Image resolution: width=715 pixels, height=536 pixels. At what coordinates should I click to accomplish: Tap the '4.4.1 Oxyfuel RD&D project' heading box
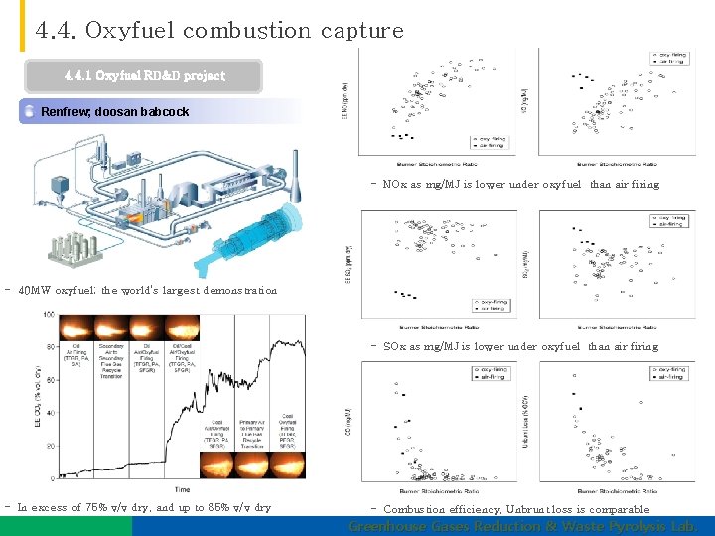tap(145, 76)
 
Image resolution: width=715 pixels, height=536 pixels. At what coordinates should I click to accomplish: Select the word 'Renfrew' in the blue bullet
tap(66, 112)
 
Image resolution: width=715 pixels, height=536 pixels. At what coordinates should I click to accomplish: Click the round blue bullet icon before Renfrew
tap(29, 112)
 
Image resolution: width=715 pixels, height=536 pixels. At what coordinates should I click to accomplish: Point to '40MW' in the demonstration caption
tap(35, 291)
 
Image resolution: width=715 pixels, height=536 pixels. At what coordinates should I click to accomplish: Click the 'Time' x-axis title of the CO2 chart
tap(183, 489)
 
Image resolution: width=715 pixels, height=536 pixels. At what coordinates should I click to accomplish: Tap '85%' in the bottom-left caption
tap(216, 508)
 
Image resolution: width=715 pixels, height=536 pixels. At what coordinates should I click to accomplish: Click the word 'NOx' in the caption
tap(393, 184)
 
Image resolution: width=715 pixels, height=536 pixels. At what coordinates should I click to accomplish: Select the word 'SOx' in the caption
tap(393, 346)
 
